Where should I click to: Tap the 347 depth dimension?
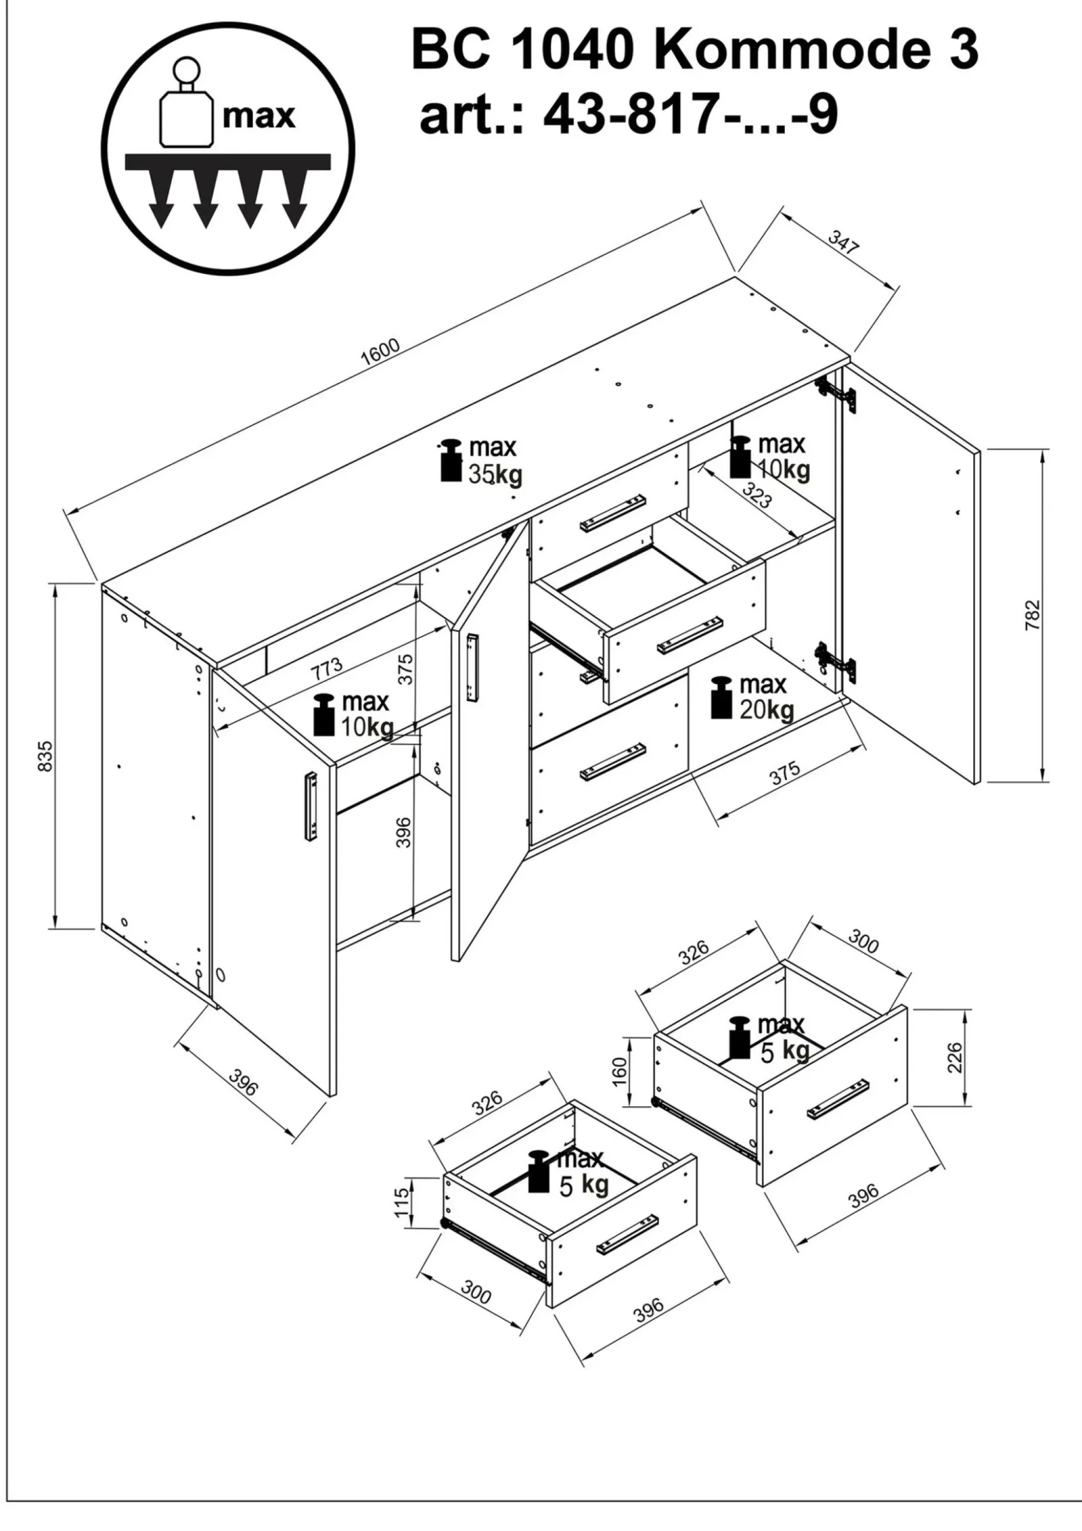[843, 243]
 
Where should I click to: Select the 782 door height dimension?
[1032, 616]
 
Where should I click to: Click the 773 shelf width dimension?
[327, 667]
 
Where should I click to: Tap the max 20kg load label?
[752, 698]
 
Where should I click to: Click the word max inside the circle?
[259, 116]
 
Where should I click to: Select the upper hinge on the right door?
[837, 394]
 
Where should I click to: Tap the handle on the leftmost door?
[311, 808]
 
